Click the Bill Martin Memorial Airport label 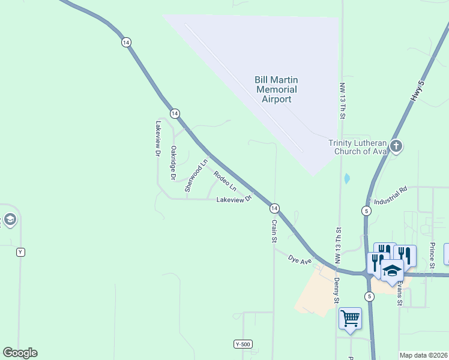click(276, 89)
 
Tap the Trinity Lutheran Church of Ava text click(357, 147)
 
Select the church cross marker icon click(396, 145)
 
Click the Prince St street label click(432, 255)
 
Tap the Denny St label click(336, 290)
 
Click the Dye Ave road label click(300, 260)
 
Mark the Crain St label click(274, 231)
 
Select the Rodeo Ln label click(225, 181)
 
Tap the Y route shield click(21, 252)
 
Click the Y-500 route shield click(243, 344)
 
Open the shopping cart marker click(350, 318)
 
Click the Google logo click(20, 353)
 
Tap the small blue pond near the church click(346, 178)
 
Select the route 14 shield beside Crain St click(274, 208)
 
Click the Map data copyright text click(423, 355)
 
